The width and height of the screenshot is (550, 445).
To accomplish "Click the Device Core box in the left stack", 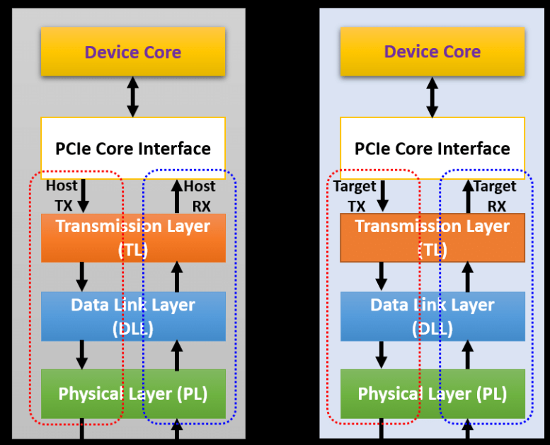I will coord(133,52).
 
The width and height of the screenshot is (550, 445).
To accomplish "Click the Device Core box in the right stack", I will coord(432,52).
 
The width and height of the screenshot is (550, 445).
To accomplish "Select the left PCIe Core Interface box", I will coord(133,148).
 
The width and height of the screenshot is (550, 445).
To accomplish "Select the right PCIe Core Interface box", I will coord(432,148).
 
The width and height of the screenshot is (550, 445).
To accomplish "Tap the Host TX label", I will coord(62,195).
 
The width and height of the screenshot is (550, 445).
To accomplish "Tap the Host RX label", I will coord(199,195).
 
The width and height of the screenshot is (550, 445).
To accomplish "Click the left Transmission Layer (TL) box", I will coord(133,237).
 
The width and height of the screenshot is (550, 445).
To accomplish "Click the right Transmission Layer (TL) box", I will coord(432,237).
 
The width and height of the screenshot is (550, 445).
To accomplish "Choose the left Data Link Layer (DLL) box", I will coord(133,316).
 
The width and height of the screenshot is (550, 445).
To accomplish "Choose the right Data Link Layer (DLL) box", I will coord(432,316).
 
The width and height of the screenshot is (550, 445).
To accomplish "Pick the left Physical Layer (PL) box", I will coord(133,393).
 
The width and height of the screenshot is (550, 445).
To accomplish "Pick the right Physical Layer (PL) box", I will coord(432,393).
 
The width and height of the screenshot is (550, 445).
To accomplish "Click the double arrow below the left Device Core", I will coord(132,97).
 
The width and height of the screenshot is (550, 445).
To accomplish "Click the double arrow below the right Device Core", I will coord(432,97).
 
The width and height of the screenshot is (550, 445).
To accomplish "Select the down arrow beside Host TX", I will coord(83,196).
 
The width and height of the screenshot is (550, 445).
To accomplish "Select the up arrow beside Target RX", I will coord(467,196).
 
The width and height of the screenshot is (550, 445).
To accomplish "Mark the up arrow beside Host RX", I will coord(177,196).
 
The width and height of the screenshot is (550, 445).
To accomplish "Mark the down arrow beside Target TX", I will coord(382,196).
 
